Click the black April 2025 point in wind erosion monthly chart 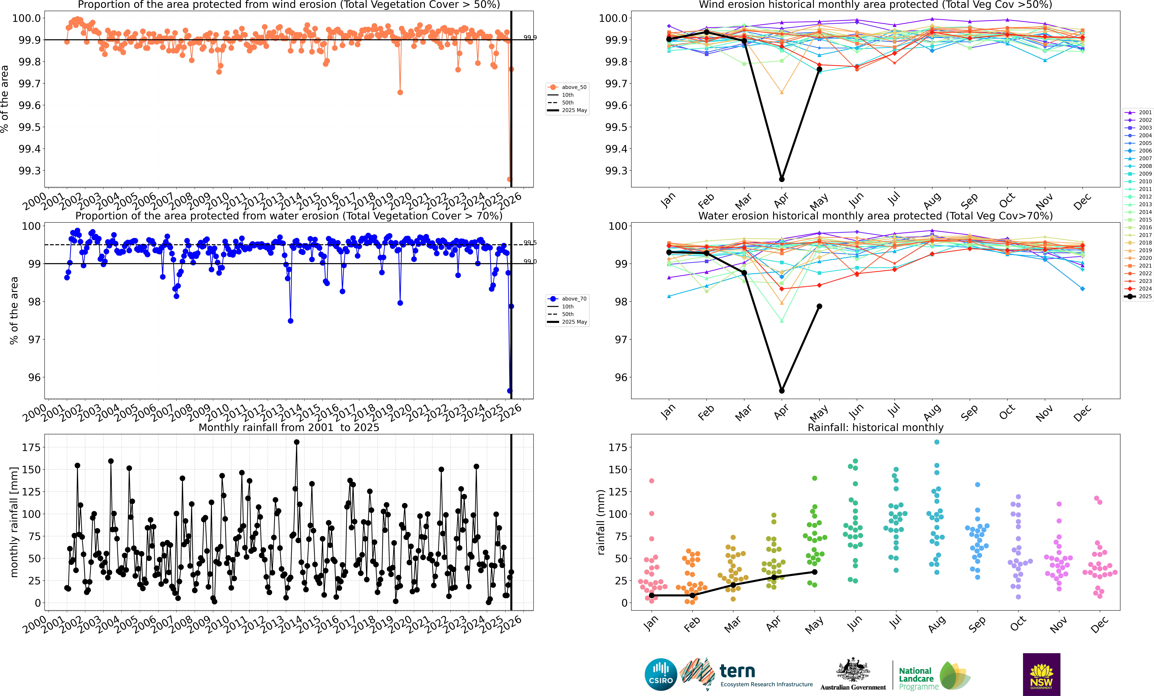tap(782, 179)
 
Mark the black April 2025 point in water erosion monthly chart tap(782, 391)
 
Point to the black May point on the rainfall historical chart tap(815, 572)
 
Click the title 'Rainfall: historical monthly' tap(875, 427)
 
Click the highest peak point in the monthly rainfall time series tap(296, 442)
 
